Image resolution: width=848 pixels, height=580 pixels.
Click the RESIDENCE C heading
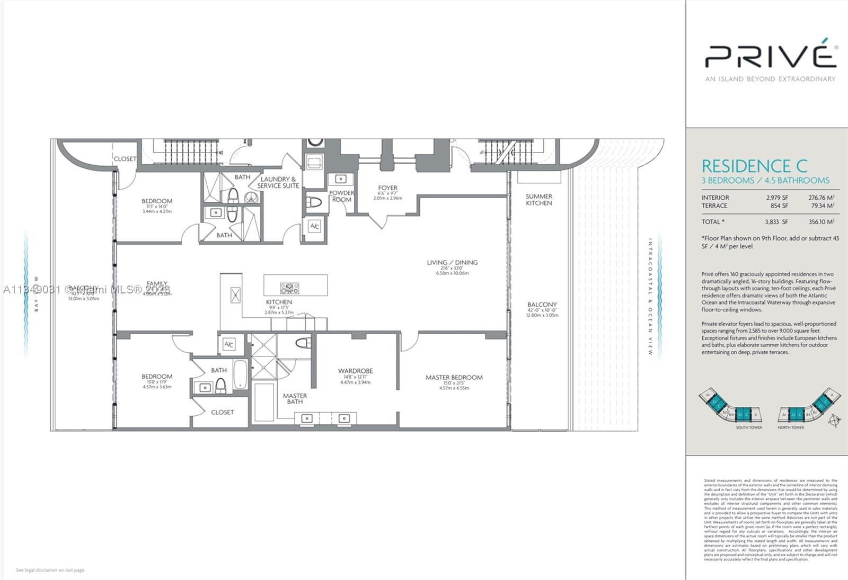click(755, 166)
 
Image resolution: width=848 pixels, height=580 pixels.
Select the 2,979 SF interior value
click(776, 198)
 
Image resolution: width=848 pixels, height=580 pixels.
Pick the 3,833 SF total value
click(776, 222)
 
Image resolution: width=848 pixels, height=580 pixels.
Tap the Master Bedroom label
click(454, 378)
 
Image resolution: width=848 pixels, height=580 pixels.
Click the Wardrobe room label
click(356, 371)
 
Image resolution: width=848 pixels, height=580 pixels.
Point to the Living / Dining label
click(452, 262)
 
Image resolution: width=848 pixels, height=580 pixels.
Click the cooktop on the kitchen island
click(289, 289)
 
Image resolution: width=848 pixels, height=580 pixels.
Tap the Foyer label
click(387, 188)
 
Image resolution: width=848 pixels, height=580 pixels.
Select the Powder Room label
click(342, 196)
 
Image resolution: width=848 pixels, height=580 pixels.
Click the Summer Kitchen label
click(538, 200)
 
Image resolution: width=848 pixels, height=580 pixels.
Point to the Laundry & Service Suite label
click(278, 182)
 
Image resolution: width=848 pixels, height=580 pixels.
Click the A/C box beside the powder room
click(314, 227)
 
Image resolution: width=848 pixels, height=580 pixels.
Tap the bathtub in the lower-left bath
click(240, 374)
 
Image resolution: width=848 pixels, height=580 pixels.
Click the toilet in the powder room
click(315, 202)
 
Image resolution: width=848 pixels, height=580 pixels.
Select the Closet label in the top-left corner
click(125, 159)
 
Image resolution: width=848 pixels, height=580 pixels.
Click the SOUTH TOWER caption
click(748, 427)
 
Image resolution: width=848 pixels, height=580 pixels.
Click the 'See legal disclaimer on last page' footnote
click(50, 570)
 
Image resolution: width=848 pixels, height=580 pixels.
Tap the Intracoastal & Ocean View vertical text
click(650, 297)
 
